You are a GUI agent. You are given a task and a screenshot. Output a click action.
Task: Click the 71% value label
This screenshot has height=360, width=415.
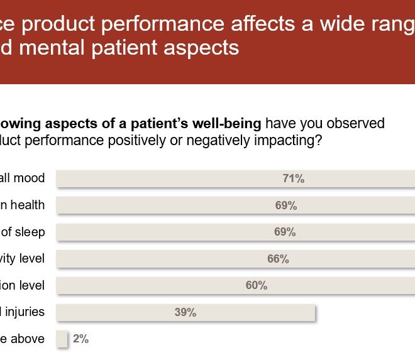[x=293, y=179]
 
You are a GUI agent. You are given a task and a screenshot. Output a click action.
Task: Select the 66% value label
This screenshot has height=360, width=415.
[x=277, y=259]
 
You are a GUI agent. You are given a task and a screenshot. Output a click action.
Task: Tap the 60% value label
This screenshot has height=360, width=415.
[x=256, y=286]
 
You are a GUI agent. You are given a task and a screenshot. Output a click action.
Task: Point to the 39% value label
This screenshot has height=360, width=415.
[x=185, y=313]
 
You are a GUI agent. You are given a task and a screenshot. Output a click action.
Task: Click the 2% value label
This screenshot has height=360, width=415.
[x=80, y=339]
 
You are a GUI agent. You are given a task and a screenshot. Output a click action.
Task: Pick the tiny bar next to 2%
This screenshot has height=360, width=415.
[x=62, y=339]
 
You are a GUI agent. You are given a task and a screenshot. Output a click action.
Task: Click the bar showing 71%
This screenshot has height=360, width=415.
[x=189, y=179]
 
